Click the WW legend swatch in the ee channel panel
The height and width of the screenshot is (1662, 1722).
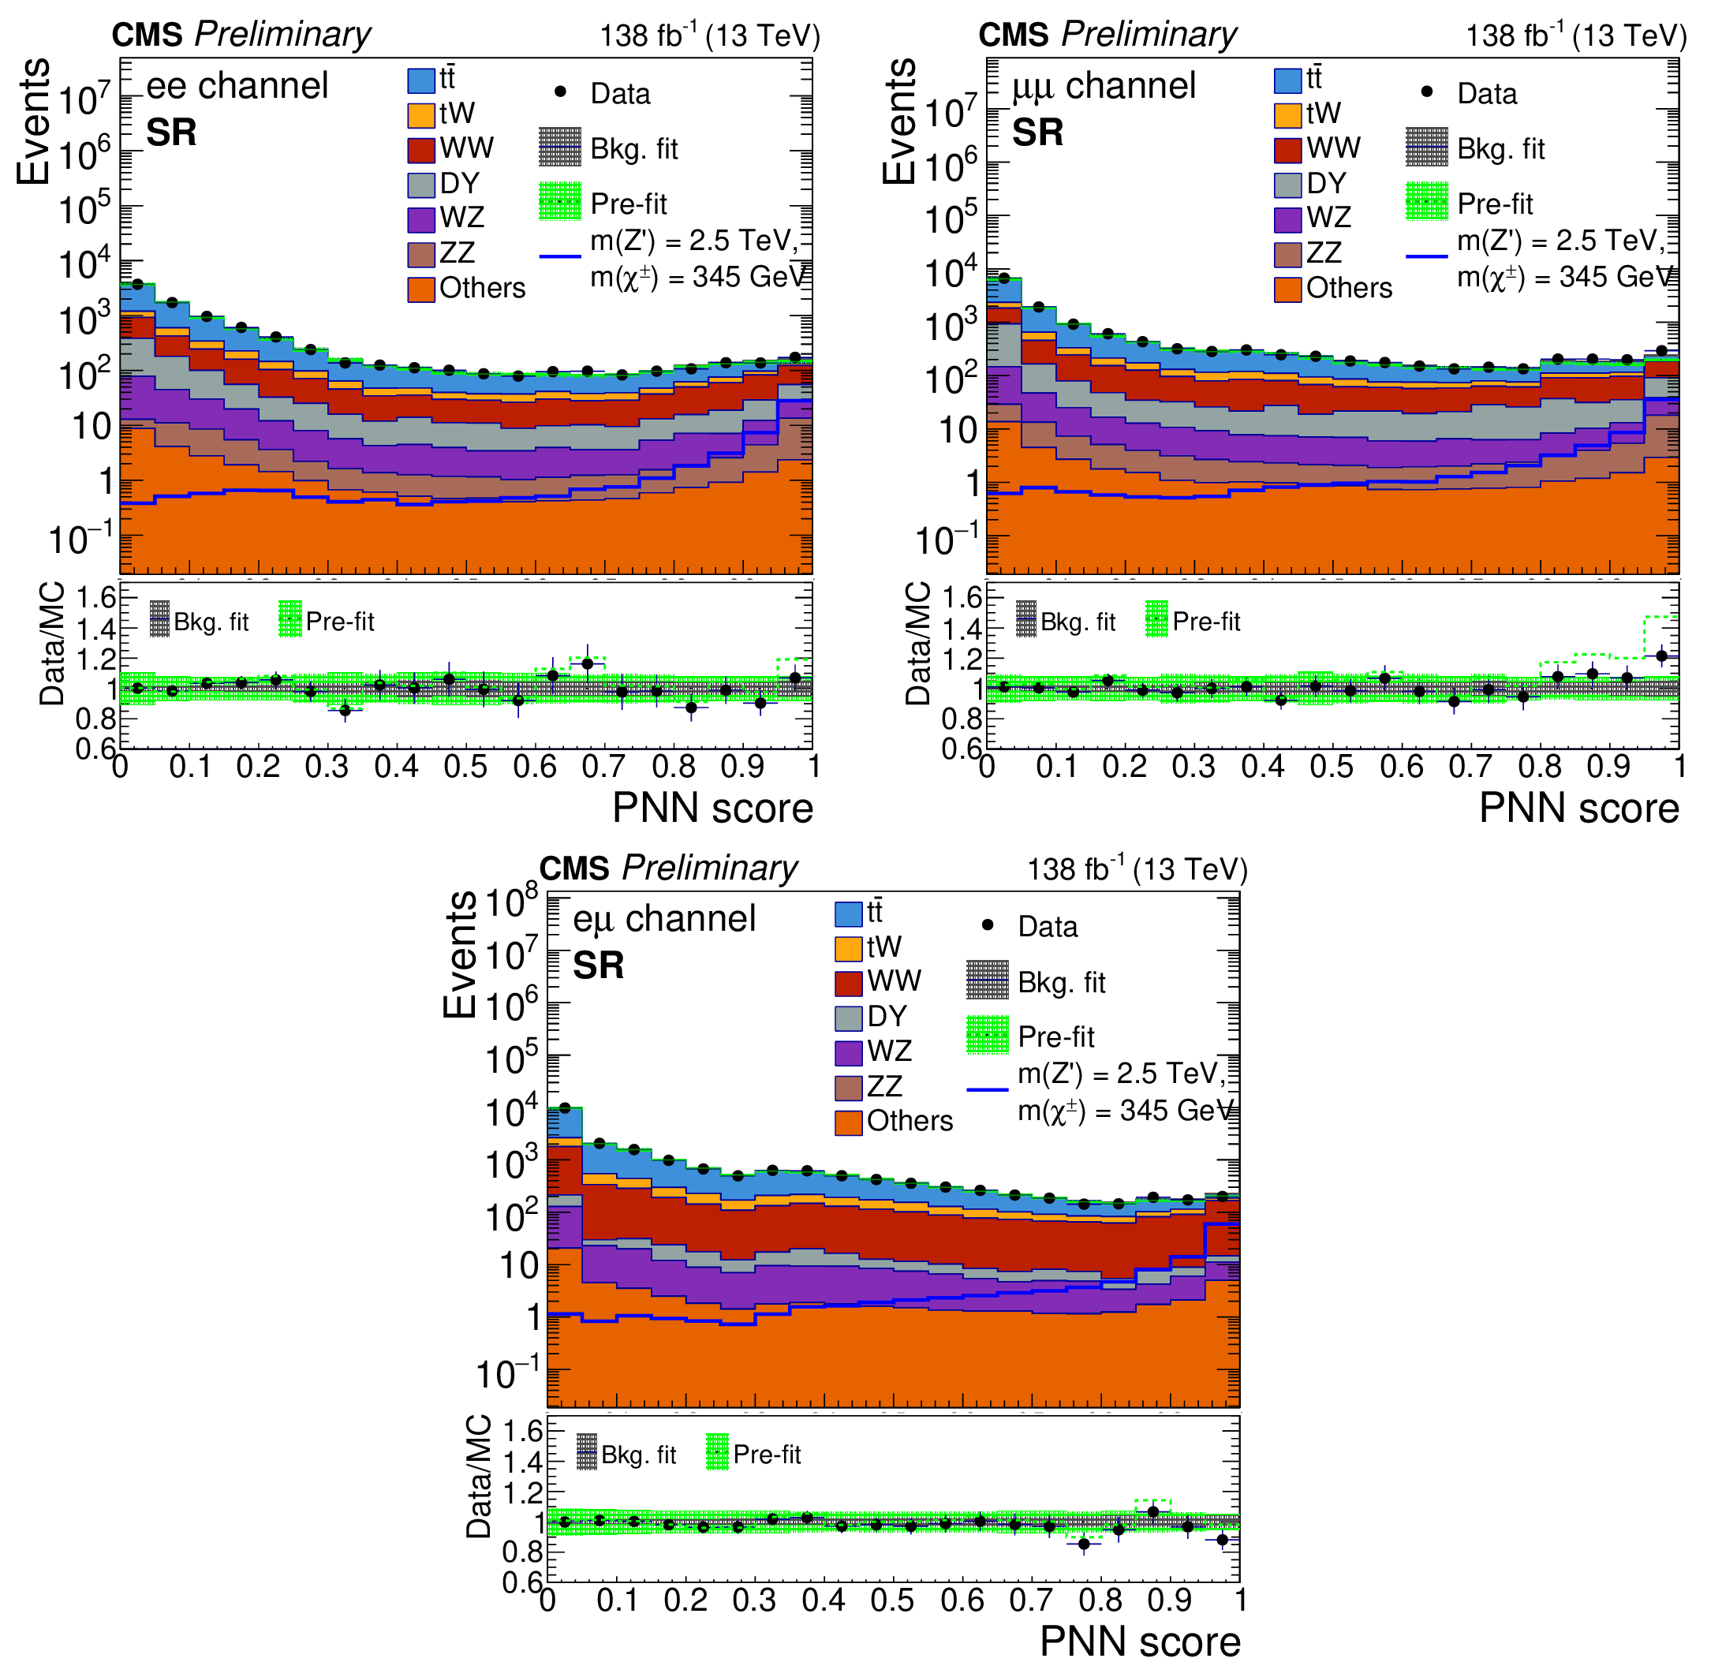[x=422, y=148]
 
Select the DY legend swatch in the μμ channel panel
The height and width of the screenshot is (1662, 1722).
[x=1288, y=184]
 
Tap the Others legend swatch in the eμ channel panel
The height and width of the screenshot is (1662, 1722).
[x=849, y=1122]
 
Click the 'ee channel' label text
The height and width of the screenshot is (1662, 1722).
[x=237, y=86]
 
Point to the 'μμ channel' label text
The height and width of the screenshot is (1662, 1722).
[x=1104, y=86]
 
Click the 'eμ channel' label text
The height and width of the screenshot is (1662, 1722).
[x=664, y=919]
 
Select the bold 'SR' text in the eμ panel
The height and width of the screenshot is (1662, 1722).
[x=598, y=965]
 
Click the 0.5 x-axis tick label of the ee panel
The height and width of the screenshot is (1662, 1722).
[x=465, y=767]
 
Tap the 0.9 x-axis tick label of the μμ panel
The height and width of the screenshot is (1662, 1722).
[x=1608, y=767]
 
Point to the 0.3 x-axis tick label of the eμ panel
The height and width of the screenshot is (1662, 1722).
[x=754, y=1600]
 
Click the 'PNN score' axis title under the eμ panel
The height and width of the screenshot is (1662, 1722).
[x=1140, y=1641]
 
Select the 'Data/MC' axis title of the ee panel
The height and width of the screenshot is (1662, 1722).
[x=52, y=643]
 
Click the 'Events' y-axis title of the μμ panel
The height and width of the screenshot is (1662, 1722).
[x=900, y=121]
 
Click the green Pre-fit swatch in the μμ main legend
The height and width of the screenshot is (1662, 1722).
[x=1427, y=201]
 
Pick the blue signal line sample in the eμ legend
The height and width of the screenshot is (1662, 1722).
[x=988, y=1090]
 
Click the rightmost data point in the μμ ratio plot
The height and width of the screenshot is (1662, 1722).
[x=1661, y=655]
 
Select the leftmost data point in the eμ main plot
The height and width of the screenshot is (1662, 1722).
[x=565, y=1107]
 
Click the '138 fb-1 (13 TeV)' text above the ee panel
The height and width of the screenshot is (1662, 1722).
[x=710, y=35]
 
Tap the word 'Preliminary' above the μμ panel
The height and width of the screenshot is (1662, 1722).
[x=1149, y=34]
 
